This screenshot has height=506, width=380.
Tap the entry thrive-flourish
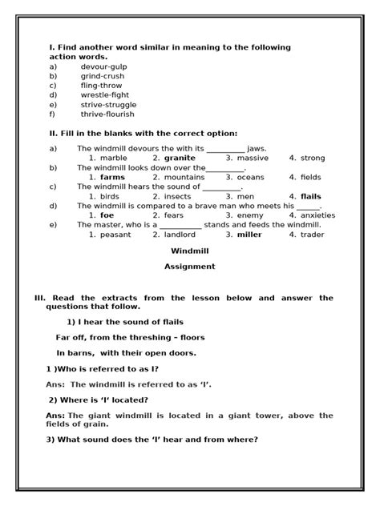[x=107, y=114]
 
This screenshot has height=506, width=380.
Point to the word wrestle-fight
[x=105, y=95]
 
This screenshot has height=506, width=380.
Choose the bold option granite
[x=180, y=159]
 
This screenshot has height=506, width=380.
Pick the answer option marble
[x=113, y=159]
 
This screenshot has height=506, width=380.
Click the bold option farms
[x=112, y=177]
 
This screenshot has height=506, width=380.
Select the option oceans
[x=250, y=177]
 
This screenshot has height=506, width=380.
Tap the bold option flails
[x=311, y=196]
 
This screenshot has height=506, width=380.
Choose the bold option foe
[x=107, y=215]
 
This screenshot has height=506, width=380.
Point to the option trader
[x=313, y=235]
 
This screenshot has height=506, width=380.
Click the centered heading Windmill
[x=189, y=251]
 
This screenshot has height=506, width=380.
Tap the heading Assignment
[x=189, y=267]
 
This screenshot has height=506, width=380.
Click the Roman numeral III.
[x=39, y=298]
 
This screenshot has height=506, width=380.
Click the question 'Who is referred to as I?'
[x=102, y=369]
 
